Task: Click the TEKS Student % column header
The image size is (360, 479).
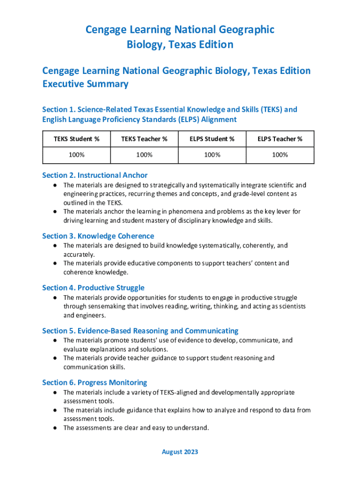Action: coord(77,139)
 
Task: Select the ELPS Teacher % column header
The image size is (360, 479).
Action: coord(280,139)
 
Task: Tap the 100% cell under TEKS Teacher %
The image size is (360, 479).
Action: coord(144,155)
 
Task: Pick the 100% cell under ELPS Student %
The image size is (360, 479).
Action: coord(212,155)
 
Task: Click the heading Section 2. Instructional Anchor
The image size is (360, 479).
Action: coord(95,175)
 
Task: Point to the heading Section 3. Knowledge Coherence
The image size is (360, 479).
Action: coord(98,236)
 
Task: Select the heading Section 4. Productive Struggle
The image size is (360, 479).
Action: coord(93,288)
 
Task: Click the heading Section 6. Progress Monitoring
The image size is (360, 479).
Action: coord(94,383)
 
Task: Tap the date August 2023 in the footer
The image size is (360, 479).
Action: coord(180,452)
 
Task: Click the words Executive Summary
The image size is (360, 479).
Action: coord(85,84)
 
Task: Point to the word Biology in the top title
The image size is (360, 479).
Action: coord(144,45)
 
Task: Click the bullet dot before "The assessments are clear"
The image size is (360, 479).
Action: coord(55,428)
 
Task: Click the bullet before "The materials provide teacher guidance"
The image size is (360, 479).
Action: coord(55,358)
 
